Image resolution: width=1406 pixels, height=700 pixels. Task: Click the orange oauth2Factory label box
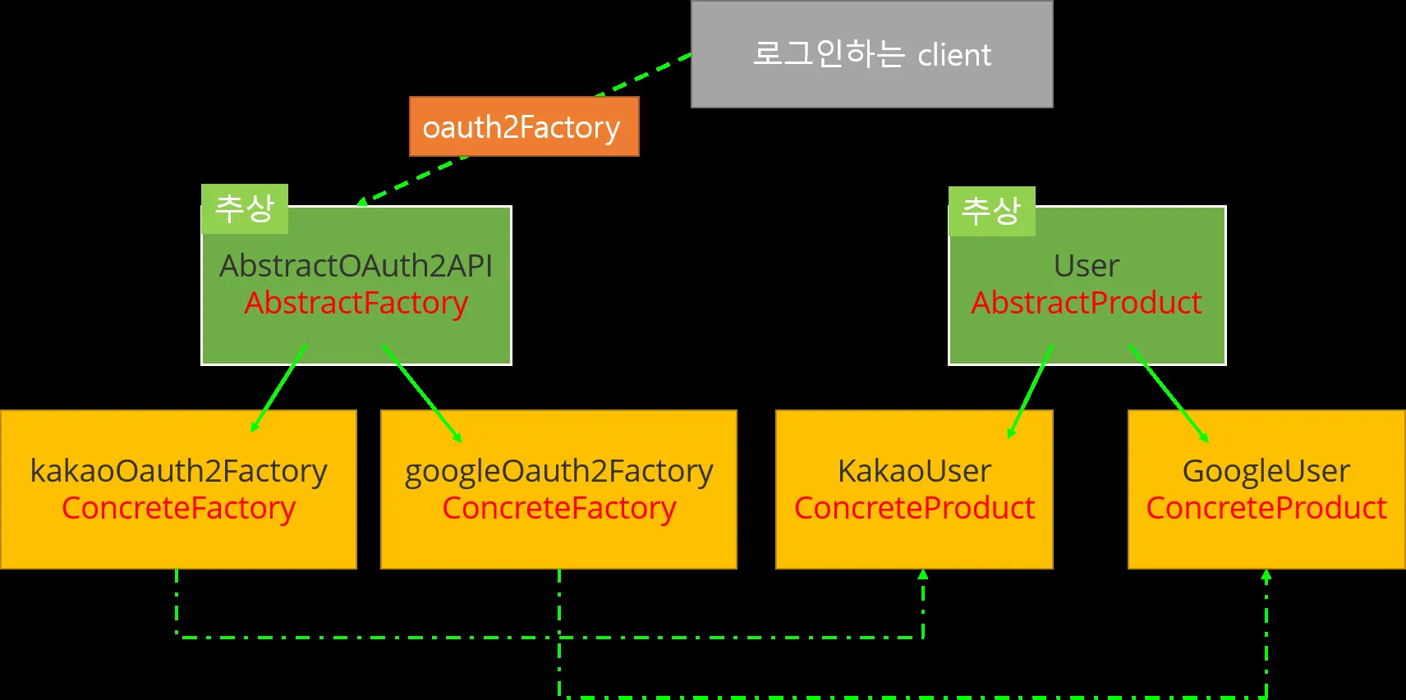click(524, 126)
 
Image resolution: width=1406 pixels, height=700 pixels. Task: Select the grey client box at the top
click(871, 54)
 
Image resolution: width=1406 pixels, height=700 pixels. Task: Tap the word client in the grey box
click(953, 56)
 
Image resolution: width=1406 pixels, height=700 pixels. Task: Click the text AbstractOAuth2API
click(356, 266)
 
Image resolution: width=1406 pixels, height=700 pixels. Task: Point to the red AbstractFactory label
click(356, 303)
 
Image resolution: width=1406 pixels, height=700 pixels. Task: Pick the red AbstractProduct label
click(1086, 303)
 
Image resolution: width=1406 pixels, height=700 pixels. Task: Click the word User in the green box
click(1086, 266)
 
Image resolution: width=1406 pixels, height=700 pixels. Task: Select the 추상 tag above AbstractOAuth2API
click(244, 208)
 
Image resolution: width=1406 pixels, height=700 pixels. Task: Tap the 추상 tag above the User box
click(991, 211)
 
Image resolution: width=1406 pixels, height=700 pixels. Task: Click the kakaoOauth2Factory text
click(178, 471)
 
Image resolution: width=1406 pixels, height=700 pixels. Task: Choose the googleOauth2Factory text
click(558, 471)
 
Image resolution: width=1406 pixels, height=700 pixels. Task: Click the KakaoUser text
click(914, 471)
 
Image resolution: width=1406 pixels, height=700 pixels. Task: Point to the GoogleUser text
click(1266, 471)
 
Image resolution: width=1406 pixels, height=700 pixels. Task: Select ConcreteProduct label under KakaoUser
click(914, 508)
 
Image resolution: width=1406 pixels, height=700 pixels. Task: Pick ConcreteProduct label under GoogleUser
click(1266, 508)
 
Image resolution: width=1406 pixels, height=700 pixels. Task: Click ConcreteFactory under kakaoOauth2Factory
click(178, 508)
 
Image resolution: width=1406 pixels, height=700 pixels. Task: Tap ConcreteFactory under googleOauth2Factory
click(558, 508)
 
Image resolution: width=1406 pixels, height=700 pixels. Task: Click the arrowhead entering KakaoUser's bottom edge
click(923, 574)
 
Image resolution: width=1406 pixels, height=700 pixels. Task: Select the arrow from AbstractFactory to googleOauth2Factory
click(421, 393)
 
